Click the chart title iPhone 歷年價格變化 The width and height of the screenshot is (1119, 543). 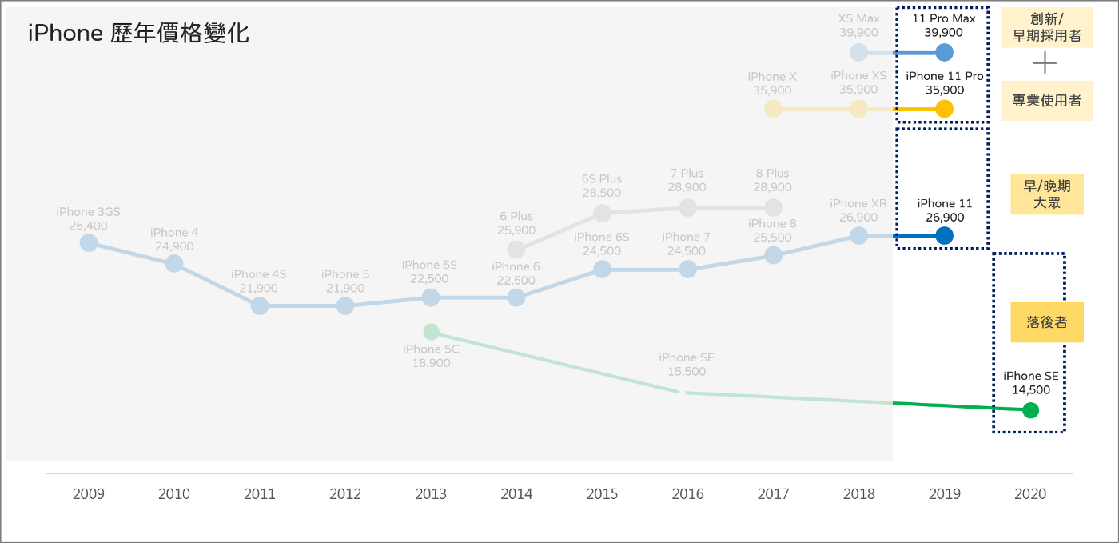pyautogui.click(x=138, y=34)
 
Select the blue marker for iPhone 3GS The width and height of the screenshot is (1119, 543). pyautogui.click(x=89, y=242)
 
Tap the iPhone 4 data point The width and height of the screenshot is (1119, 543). pyautogui.click(x=174, y=263)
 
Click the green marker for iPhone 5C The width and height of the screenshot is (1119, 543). pyautogui.click(x=431, y=332)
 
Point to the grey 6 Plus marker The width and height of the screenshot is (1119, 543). pyautogui.click(x=516, y=250)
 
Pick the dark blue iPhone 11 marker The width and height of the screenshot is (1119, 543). pyautogui.click(x=944, y=236)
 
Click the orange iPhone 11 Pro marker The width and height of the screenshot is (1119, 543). pyautogui.click(x=944, y=109)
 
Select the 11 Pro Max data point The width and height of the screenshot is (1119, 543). pyautogui.click(x=944, y=53)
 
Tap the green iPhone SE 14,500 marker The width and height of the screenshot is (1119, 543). pyautogui.click(x=1030, y=410)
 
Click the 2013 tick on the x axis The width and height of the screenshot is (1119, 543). pyautogui.click(x=431, y=494)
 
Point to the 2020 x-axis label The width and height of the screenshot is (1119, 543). pyautogui.click(x=1030, y=494)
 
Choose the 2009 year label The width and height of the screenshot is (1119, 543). pyautogui.click(x=89, y=494)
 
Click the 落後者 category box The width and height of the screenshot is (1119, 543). pyautogui.click(x=1046, y=322)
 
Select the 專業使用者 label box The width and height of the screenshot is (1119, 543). pyautogui.click(x=1046, y=101)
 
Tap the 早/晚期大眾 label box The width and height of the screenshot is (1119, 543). pyautogui.click(x=1046, y=194)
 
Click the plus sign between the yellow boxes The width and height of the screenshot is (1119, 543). pyautogui.click(x=1045, y=64)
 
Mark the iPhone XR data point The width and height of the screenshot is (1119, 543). pyautogui.click(x=858, y=236)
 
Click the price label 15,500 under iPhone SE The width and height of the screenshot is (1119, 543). pyautogui.click(x=687, y=372)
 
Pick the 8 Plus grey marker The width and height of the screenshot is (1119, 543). pyautogui.click(x=773, y=208)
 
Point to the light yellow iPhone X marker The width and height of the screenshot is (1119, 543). pyautogui.click(x=773, y=109)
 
